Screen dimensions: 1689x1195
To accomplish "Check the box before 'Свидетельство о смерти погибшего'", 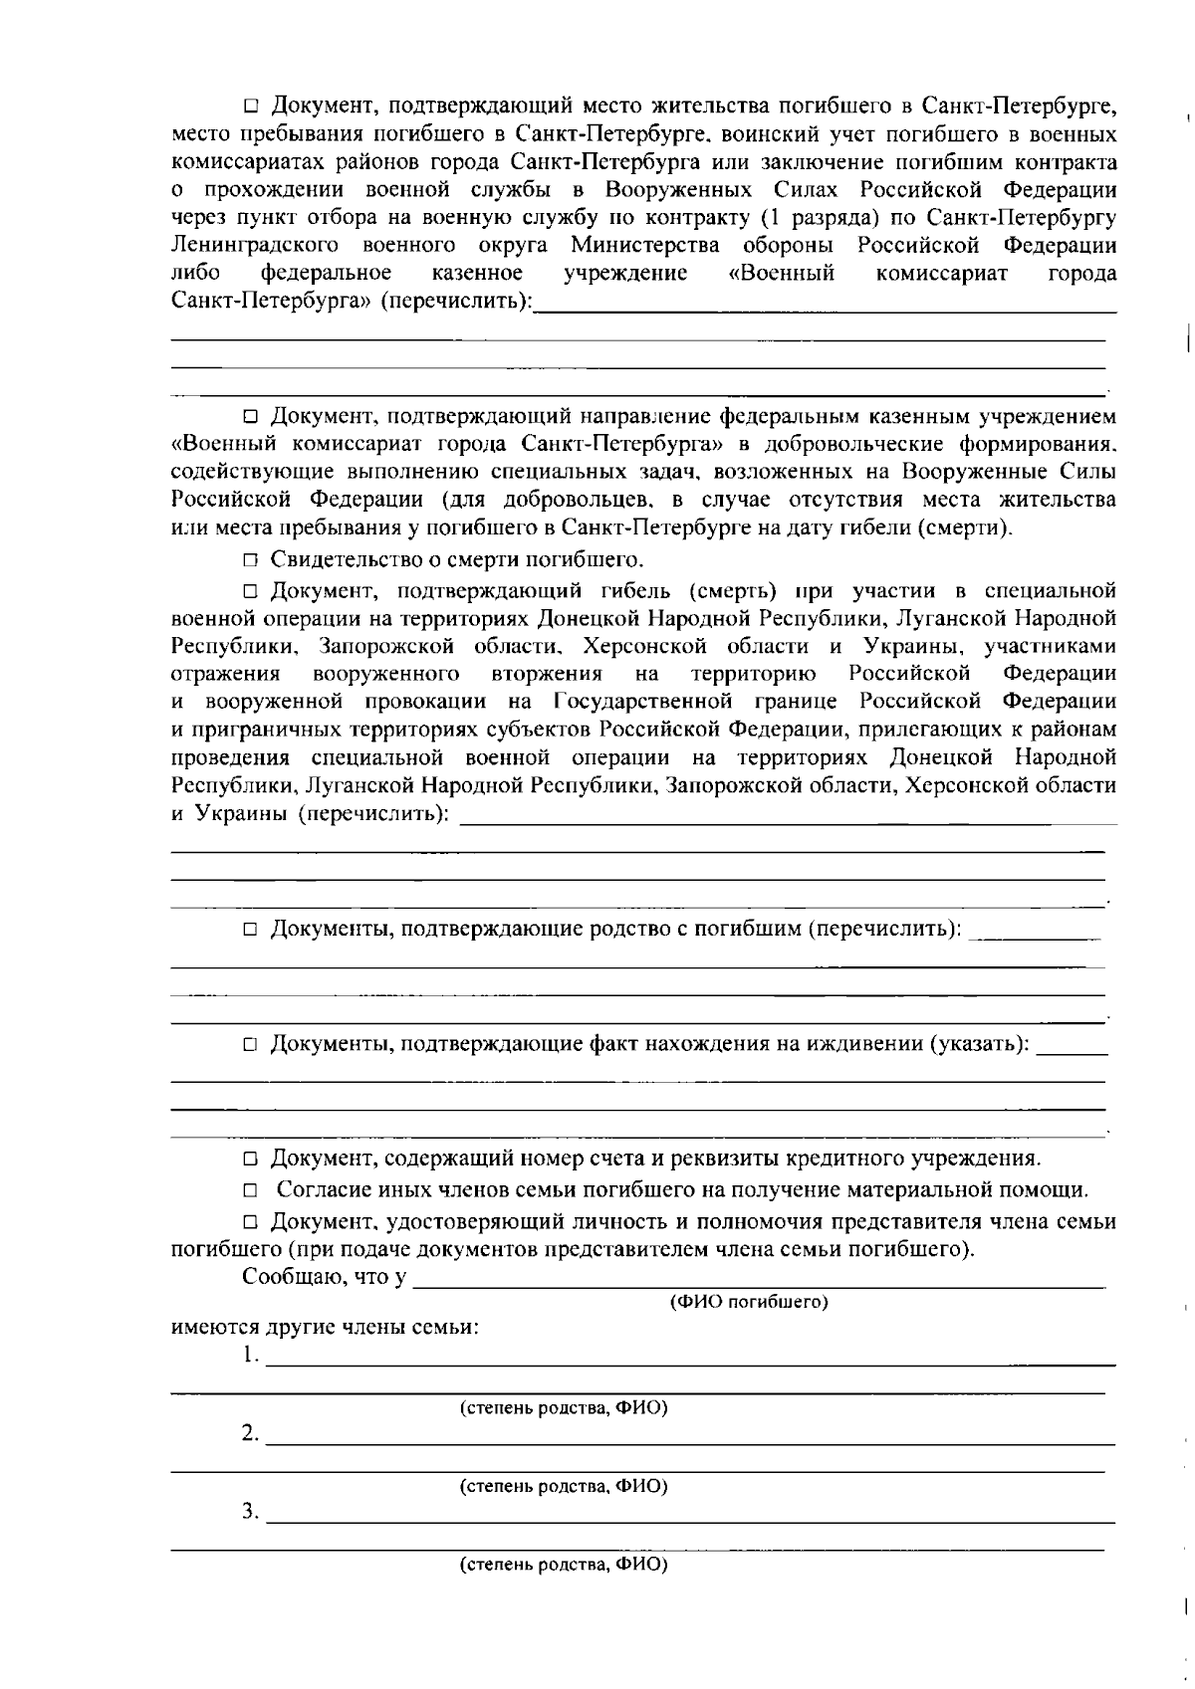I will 251,559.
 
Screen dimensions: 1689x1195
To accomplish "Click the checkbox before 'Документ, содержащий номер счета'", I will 251,1160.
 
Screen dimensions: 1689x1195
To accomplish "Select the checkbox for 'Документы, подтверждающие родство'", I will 251,930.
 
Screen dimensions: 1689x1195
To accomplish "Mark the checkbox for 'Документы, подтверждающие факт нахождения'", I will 251,1045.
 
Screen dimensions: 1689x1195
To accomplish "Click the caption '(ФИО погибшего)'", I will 749,1302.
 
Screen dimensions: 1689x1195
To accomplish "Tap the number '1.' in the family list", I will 251,1356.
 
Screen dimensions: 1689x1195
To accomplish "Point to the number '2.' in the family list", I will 251,1434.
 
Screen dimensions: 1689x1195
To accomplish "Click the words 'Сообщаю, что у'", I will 324,1277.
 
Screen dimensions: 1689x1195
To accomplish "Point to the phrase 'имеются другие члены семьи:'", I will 325,1328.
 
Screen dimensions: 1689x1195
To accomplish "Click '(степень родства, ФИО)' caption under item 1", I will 563,1408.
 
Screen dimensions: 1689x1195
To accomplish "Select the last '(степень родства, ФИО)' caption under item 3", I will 563,1565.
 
